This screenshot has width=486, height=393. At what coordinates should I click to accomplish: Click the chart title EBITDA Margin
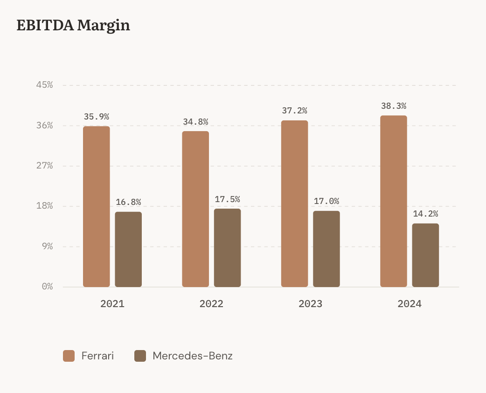[x=73, y=25]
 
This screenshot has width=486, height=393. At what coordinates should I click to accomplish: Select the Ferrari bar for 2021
[x=97, y=206]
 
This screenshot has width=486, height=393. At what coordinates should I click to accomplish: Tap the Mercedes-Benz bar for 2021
[x=128, y=249]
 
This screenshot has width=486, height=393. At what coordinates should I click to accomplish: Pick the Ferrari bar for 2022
[x=195, y=209]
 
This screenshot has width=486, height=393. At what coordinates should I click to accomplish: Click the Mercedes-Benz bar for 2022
[x=227, y=248]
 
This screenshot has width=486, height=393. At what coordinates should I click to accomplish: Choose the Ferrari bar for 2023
[x=294, y=204]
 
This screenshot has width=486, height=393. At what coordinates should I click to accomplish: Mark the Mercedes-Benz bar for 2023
[x=326, y=249]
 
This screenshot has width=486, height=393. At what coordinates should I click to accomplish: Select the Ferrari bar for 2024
[x=394, y=201]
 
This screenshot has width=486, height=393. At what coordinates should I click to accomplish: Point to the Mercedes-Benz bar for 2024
[x=425, y=255]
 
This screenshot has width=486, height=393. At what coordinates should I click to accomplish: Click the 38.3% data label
[x=394, y=106]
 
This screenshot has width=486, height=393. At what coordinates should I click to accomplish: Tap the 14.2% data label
[x=425, y=214]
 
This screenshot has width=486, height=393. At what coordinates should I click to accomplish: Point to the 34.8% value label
[x=195, y=122]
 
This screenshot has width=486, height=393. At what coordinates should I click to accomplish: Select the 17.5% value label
[x=227, y=199]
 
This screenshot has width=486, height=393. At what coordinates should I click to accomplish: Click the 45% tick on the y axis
[x=44, y=85]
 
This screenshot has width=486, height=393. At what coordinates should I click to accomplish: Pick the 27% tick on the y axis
[x=44, y=166]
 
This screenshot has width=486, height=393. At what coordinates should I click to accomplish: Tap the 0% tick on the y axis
[x=47, y=287]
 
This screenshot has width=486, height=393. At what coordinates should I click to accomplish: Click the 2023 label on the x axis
[x=310, y=304]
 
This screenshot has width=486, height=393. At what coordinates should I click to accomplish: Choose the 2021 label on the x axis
[x=112, y=304]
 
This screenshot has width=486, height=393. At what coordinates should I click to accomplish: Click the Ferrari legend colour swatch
[x=69, y=356]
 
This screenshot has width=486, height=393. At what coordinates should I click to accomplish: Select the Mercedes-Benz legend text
[x=192, y=356]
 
